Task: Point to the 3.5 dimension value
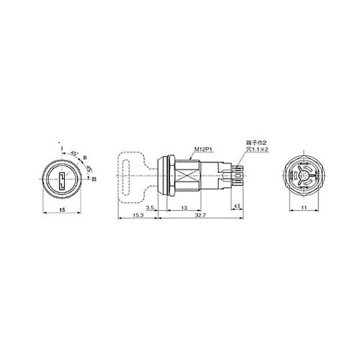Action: coord(149,207)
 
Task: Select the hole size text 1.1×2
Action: coord(258,151)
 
